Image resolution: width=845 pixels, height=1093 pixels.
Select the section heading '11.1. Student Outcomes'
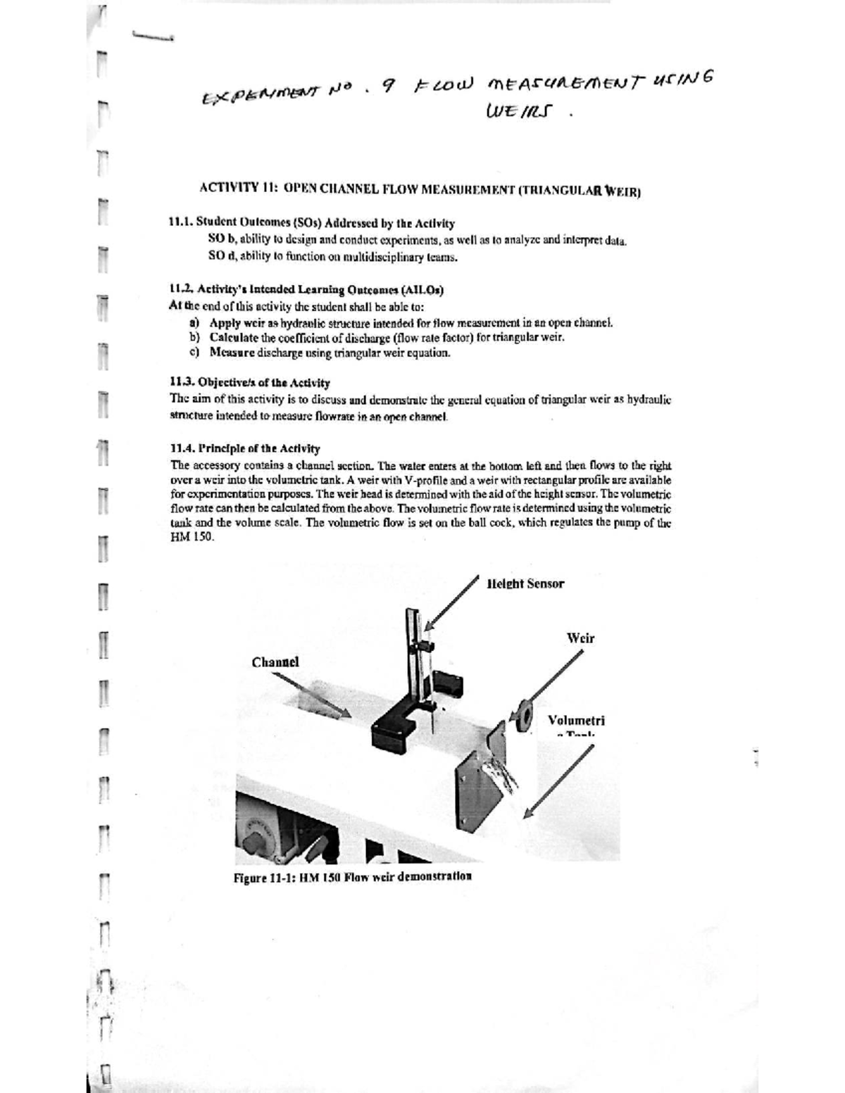pyautogui.click(x=311, y=223)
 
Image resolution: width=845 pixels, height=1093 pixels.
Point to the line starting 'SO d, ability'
pyautogui.click(x=333, y=257)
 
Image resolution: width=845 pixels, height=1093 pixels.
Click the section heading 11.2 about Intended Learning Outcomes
pyautogui.click(x=307, y=289)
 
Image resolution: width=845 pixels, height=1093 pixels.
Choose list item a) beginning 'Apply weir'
pyautogui.click(x=401, y=323)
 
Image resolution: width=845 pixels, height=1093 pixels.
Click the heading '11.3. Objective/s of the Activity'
pyautogui.click(x=250, y=383)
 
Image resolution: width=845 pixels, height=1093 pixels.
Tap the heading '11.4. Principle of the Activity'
pyautogui.click(x=245, y=448)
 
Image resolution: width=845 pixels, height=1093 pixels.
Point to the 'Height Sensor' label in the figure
pyautogui.click(x=525, y=583)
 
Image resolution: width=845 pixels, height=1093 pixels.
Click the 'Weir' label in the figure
pyautogui.click(x=580, y=638)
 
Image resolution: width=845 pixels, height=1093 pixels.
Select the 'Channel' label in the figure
pyautogui.click(x=275, y=662)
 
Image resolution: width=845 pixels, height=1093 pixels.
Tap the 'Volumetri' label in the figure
pyautogui.click(x=576, y=721)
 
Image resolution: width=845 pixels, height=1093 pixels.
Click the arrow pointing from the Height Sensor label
pyautogui.click(x=452, y=602)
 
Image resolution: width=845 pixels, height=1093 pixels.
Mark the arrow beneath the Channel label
pyautogui.click(x=311, y=696)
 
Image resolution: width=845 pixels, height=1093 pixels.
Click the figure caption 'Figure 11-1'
pyautogui.click(x=352, y=877)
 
